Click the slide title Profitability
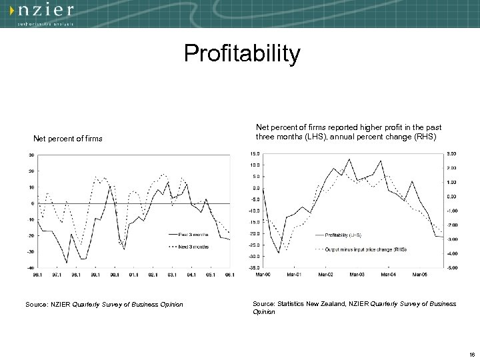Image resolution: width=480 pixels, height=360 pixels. [243, 54]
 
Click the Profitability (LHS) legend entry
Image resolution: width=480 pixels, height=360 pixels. [344, 235]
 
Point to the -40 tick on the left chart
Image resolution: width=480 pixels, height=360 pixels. [31, 267]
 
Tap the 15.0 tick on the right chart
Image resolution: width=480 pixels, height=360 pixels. [256, 153]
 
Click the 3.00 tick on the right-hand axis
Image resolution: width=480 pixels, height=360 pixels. [451, 153]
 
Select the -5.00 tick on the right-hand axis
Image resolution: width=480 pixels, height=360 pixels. [451, 267]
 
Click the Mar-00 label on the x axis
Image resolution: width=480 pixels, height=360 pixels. [264, 273]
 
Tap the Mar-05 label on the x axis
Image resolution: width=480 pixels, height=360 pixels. [419, 273]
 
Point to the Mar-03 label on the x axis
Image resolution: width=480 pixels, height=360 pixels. [357, 273]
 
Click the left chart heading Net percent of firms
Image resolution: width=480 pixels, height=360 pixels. [68, 139]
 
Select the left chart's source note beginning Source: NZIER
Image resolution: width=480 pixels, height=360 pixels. [104, 305]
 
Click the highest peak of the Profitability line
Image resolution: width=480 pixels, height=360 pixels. [349, 159]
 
